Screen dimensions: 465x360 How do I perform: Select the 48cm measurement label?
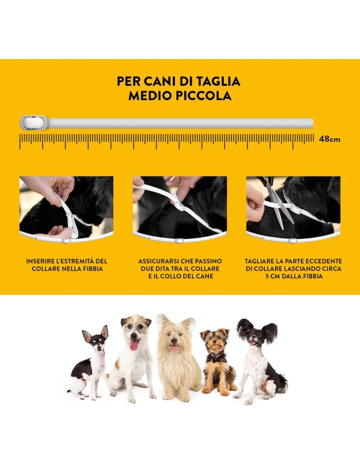[x=329, y=139]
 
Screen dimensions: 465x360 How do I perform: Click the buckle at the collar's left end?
[x=34, y=123]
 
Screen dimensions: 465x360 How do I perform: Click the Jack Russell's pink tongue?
[x=134, y=345]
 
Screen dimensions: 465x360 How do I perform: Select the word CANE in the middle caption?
[x=204, y=276]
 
